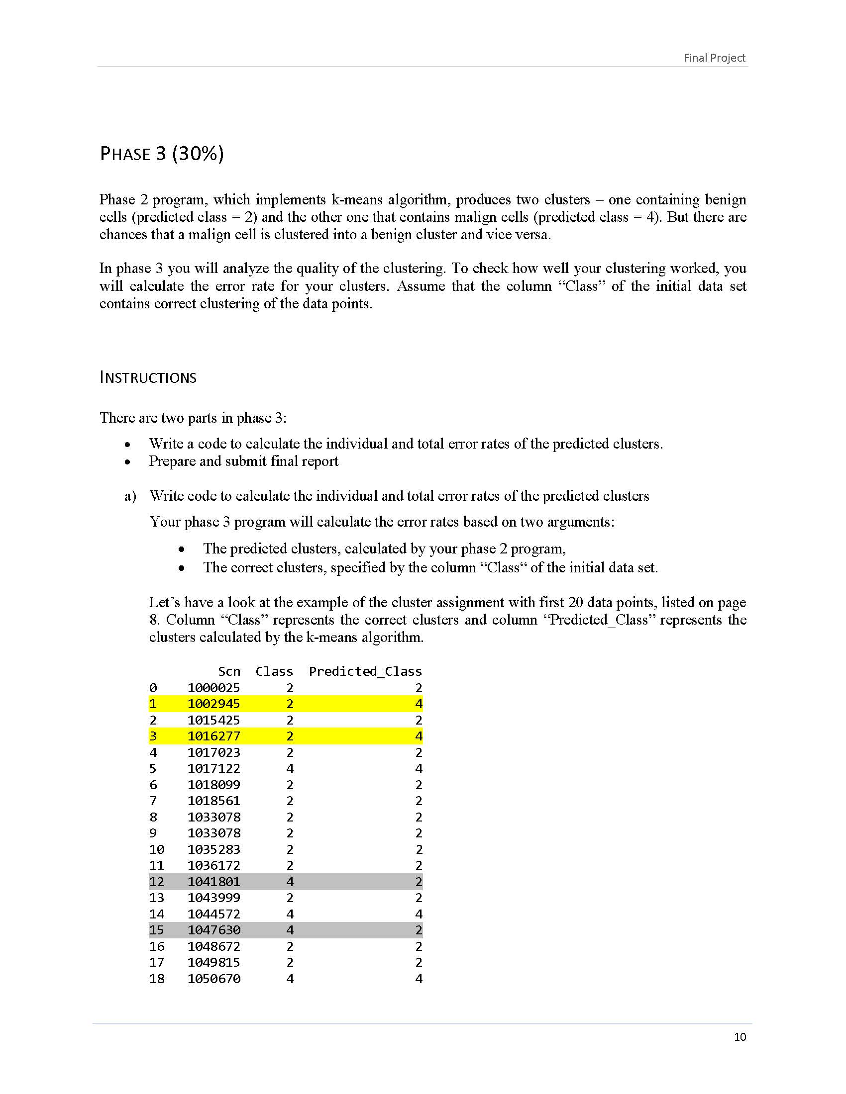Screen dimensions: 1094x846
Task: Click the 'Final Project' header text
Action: coord(714,58)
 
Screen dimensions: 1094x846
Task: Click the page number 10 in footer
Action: coord(740,1037)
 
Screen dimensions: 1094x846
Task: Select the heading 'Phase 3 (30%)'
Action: coord(162,153)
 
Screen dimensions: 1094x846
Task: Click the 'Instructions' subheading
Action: coord(148,377)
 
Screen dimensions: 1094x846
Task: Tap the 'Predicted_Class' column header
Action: coord(365,671)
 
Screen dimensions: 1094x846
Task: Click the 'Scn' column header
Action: coord(229,671)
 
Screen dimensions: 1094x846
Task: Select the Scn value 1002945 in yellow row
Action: coord(213,704)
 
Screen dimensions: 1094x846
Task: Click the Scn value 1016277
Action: coord(213,736)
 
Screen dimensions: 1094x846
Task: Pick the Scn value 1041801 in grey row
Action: coord(213,882)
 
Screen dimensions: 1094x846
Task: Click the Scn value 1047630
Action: coord(213,930)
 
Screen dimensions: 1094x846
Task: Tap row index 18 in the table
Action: coord(156,978)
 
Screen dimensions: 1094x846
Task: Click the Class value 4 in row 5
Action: coord(290,768)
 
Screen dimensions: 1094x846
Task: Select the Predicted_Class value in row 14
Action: coord(419,913)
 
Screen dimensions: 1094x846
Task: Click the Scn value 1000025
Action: coord(213,688)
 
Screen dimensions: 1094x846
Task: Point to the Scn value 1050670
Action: coord(213,978)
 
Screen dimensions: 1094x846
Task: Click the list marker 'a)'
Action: coord(130,496)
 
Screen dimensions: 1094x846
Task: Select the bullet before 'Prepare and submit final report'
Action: coord(128,462)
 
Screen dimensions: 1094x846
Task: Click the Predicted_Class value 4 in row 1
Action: coord(419,704)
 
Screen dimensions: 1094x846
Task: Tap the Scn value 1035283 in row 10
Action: coord(213,849)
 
